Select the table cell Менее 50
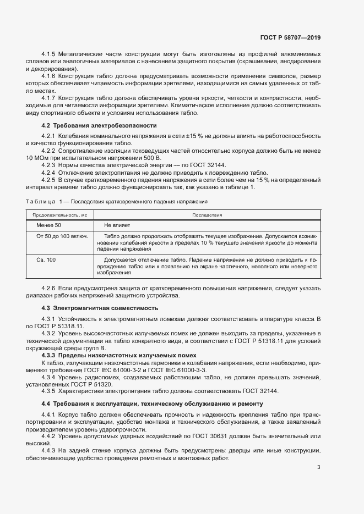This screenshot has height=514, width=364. point(49,225)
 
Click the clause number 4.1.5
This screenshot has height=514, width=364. point(49,54)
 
